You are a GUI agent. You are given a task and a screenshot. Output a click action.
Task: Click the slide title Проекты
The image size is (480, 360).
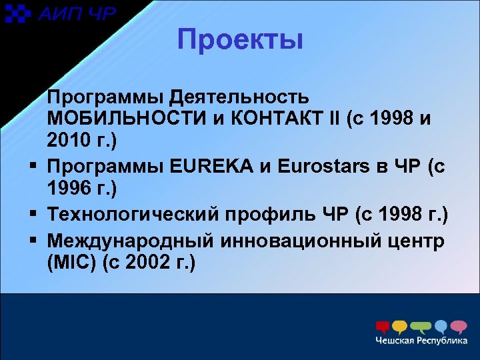pyautogui.click(x=240, y=40)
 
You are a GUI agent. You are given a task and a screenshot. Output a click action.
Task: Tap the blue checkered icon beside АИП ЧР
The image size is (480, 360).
pyautogui.click(x=19, y=14)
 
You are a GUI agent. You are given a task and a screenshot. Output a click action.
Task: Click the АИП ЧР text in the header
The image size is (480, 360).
pyautogui.click(x=76, y=14)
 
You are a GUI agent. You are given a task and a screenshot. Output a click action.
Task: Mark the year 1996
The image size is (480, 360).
pyautogui.click(x=70, y=189)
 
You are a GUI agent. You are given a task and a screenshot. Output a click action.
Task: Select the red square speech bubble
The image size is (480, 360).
pyautogui.click(x=382, y=327)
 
